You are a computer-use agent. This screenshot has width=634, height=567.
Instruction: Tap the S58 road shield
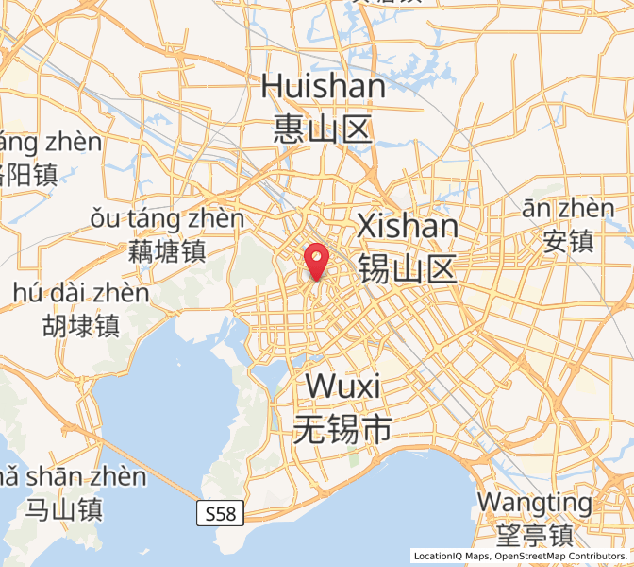pyautogui.click(x=222, y=514)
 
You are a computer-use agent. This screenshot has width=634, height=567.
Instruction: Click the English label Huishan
pyautogui.click(x=324, y=87)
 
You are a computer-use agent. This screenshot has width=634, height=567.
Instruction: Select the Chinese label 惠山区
pyautogui.click(x=324, y=129)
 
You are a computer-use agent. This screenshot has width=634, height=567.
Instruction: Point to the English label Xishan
pyautogui.click(x=408, y=227)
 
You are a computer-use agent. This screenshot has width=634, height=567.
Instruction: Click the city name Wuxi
pyautogui.click(x=342, y=387)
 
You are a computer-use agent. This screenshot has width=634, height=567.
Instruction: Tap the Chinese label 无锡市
pyautogui.click(x=342, y=430)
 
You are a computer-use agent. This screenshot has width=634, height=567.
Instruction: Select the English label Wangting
pyautogui.click(x=534, y=501)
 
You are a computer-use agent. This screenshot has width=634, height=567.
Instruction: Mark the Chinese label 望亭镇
pyautogui.click(x=534, y=535)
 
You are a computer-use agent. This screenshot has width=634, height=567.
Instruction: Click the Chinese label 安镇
pyautogui.click(x=568, y=241)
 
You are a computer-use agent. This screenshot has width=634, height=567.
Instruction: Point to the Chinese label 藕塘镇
pyautogui.click(x=167, y=251)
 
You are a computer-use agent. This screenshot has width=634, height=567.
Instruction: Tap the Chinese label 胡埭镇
pyautogui.click(x=80, y=326)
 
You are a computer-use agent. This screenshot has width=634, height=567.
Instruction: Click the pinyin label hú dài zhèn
pyautogui.click(x=81, y=293)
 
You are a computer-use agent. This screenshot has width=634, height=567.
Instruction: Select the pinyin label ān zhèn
pyautogui.click(x=568, y=208)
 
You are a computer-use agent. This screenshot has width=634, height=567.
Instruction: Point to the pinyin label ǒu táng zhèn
pyautogui.click(x=167, y=219)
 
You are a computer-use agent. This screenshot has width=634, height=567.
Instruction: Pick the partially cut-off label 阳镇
pyautogui.click(x=28, y=175)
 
